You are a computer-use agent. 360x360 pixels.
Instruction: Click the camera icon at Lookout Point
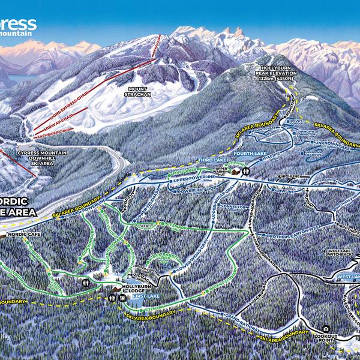coord(326,329)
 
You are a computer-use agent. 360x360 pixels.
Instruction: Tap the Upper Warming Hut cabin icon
coord(242,172)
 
